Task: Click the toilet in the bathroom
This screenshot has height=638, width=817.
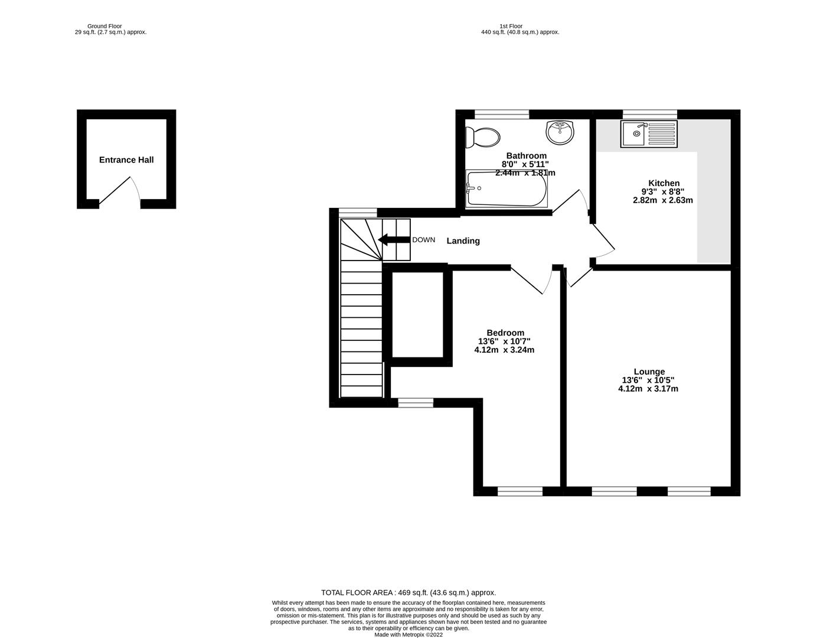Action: tap(482, 138)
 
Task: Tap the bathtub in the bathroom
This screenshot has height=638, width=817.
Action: tap(506, 188)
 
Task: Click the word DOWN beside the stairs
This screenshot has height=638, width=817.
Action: tap(423, 240)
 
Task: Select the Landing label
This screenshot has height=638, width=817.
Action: tap(463, 241)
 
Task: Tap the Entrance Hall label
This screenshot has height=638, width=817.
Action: tap(126, 160)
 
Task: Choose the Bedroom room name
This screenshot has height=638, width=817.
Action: tap(505, 333)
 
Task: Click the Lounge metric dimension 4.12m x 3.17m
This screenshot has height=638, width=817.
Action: tap(648, 389)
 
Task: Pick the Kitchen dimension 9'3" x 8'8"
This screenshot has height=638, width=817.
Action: tap(663, 191)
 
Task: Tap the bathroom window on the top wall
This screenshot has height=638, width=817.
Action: tap(502, 114)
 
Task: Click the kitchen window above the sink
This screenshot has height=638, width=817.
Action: tap(649, 114)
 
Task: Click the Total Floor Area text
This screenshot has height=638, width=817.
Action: tap(408, 593)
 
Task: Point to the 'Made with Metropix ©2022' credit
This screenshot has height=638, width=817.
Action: tap(408, 635)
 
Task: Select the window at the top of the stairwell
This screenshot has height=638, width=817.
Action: tap(358, 213)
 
